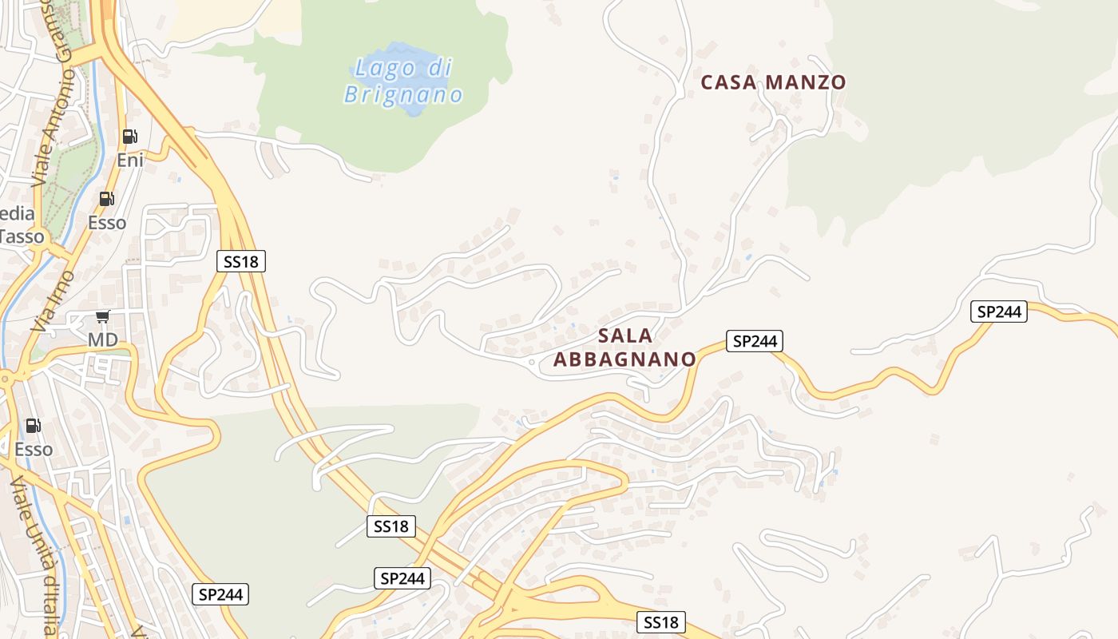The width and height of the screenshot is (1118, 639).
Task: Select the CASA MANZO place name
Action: point(773,82)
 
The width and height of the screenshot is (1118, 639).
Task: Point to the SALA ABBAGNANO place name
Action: point(624,347)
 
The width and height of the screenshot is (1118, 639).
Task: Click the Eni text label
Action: point(130,160)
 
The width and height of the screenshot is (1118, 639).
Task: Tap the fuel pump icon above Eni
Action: point(130,137)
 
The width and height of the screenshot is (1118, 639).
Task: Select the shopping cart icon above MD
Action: point(102,317)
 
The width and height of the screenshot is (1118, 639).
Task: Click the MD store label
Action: point(102,340)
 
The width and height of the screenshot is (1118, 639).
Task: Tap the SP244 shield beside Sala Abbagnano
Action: point(755,341)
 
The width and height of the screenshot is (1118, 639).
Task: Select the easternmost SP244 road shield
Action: point(999,312)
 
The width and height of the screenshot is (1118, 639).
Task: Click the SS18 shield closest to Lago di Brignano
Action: point(241,260)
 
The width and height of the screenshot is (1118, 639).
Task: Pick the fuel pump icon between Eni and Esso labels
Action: point(106,199)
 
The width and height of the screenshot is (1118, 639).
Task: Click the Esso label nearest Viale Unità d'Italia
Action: point(34,450)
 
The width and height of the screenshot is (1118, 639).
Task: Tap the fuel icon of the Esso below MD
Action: point(33,426)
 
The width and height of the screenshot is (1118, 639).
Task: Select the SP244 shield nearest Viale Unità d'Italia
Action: point(220,594)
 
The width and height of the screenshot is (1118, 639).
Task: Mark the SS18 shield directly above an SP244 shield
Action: point(391,526)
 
